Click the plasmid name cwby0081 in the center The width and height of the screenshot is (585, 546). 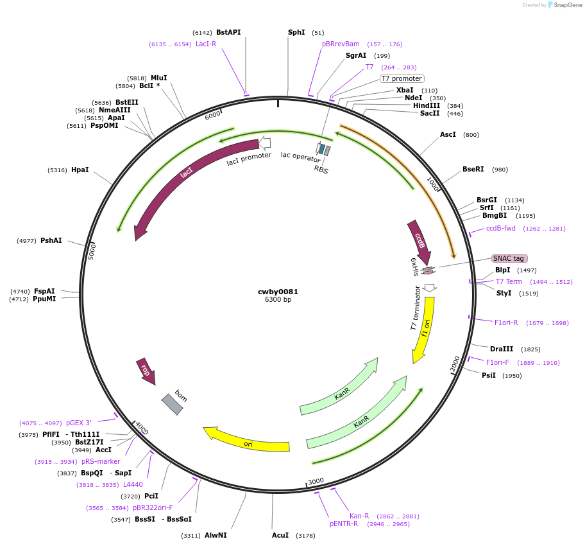[x=278, y=292]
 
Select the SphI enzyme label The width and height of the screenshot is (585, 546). [x=296, y=32]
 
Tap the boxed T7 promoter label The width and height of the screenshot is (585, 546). [x=402, y=79]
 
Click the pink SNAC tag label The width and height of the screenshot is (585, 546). [x=509, y=258]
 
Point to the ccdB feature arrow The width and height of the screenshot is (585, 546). [x=420, y=242]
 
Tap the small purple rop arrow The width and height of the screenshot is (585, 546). [x=146, y=372]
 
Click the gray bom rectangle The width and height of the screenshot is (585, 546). [x=172, y=404]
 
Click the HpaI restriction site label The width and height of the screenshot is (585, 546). [x=80, y=170]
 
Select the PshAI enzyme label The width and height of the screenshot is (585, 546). [x=51, y=241]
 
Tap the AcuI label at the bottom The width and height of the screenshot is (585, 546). [x=280, y=535]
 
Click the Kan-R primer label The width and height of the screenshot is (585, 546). [x=359, y=516]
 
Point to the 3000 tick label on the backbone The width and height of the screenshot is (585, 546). [x=316, y=481]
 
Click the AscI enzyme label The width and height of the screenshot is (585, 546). [x=448, y=135]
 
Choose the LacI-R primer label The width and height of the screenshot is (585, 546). [x=206, y=44]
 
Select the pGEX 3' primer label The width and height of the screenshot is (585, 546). [x=79, y=423]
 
